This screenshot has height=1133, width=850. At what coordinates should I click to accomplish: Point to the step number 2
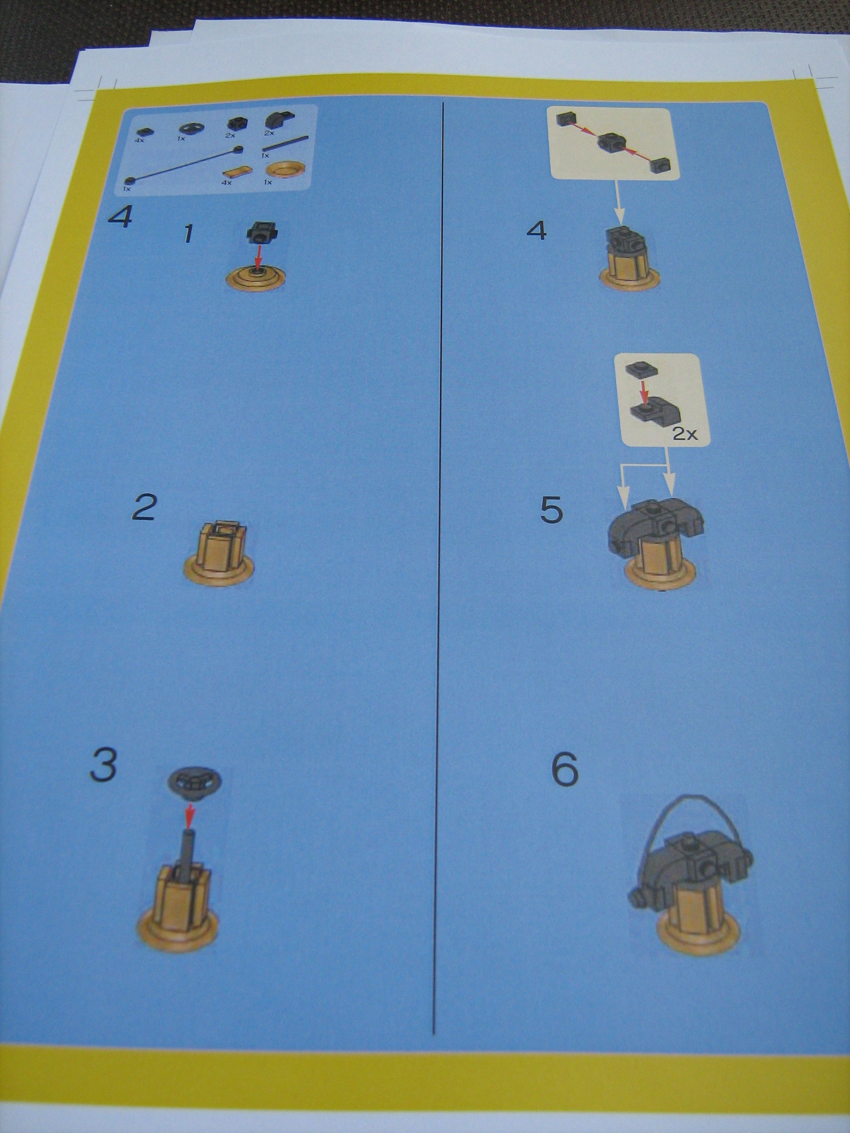point(143,507)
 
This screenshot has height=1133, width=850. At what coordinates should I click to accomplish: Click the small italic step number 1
point(188,235)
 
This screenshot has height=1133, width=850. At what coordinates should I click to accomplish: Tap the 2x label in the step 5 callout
point(685,434)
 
